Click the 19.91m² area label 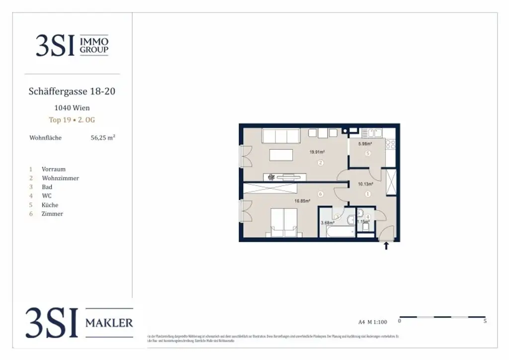point(316,152)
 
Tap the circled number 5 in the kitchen point(367,154)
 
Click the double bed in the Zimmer point(283,222)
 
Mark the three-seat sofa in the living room point(281,136)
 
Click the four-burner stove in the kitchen point(390,144)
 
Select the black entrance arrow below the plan point(386,245)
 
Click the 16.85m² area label point(302,201)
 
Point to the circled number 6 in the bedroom point(321,194)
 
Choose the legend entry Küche point(50,205)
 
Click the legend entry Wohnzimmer point(60,178)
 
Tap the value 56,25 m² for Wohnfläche point(102,138)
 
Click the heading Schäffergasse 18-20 point(72,91)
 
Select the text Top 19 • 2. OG point(72,120)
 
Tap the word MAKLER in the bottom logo point(109,323)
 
